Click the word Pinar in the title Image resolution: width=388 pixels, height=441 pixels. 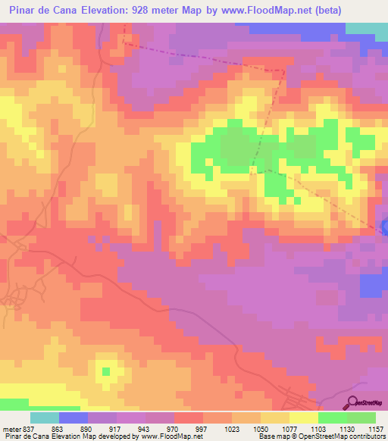tap(22, 11)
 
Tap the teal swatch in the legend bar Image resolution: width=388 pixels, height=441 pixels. tap(45, 417)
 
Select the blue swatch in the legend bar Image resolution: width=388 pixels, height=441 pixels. tap(74, 417)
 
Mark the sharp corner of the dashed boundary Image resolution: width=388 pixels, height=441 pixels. tap(285, 70)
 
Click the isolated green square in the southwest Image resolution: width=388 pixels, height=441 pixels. tap(106, 371)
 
